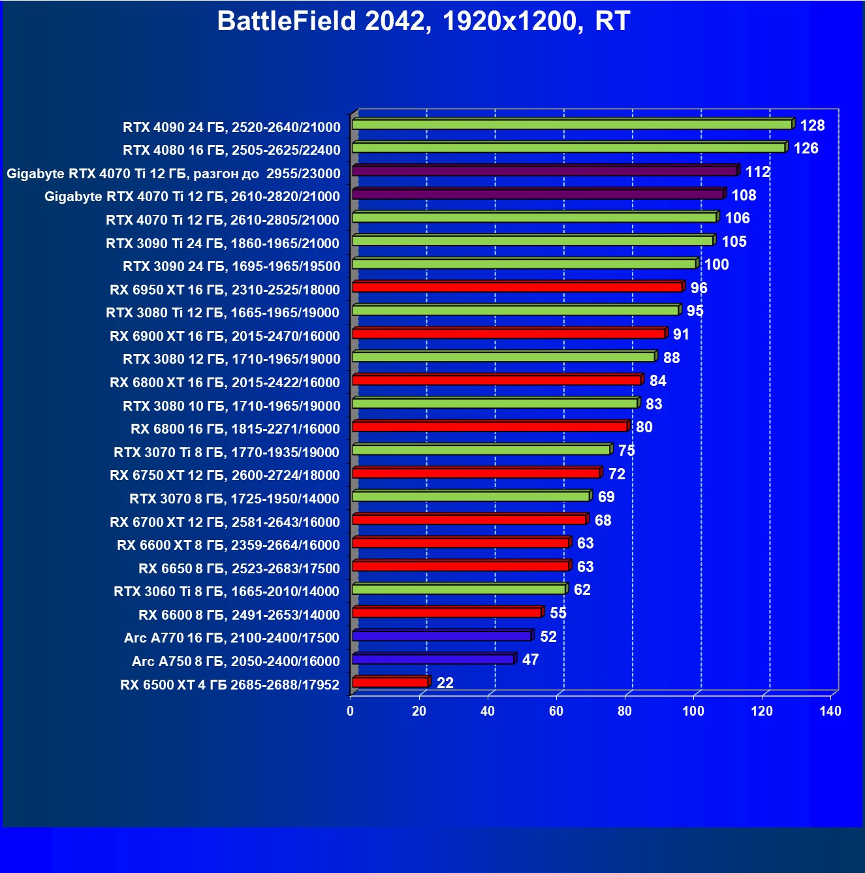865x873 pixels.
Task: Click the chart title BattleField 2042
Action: (x=423, y=22)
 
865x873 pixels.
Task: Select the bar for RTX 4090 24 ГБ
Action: (x=572, y=124)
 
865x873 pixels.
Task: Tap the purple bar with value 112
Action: (x=544, y=171)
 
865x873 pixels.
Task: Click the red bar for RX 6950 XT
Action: (x=517, y=287)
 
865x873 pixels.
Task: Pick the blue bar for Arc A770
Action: (x=441, y=636)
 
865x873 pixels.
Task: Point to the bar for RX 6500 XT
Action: (x=390, y=682)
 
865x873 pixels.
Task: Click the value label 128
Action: (x=812, y=125)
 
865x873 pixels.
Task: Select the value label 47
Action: (x=530, y=659)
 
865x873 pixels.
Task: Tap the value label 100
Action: (x=716, y=264)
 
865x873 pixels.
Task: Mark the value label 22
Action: (x=445, y=683)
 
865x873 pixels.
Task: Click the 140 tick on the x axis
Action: (x=830, y=711)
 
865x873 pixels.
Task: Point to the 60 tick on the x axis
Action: (x=556, y=711)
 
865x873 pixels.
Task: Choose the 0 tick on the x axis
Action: (x=351, y=711)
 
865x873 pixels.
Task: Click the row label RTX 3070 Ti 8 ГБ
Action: (x=227, y=452)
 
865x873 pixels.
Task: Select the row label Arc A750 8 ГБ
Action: (x=236, y=661)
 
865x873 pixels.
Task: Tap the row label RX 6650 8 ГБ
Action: (x=239, y=568)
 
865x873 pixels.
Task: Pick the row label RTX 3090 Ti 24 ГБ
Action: (x=223, y=243)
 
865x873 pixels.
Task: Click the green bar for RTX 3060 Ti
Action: (x=458, y=590)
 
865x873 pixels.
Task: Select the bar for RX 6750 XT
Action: (x=475, y=473)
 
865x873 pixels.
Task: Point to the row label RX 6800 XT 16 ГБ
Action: (x=225, y=382)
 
